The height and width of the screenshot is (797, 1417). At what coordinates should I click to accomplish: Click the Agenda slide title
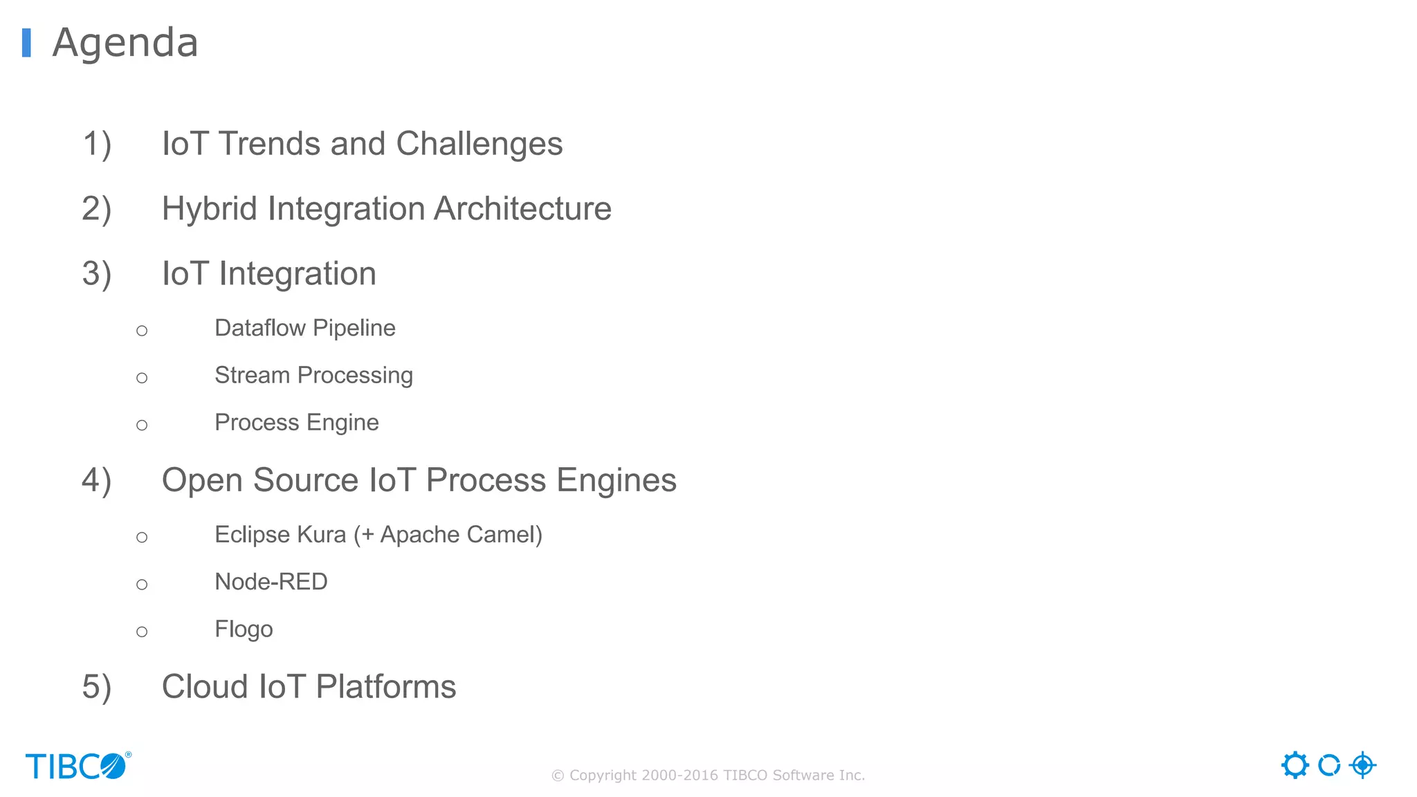coord(125,43)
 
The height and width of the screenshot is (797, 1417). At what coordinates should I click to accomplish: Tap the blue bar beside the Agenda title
coord(26,43)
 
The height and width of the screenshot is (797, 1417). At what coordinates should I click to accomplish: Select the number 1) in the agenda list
coord(97,144)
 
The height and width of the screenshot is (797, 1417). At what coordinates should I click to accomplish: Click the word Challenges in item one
coord(479,144)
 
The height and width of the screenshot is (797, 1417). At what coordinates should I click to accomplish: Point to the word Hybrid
coord(209,209)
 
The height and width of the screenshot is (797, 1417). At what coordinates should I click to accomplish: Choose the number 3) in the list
coord(97,274)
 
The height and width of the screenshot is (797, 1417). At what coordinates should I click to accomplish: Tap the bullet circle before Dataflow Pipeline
coord(142,331)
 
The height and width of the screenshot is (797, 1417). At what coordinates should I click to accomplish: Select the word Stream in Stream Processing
coord(252,375)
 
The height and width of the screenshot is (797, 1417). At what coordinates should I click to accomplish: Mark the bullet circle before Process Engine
coord(142,425)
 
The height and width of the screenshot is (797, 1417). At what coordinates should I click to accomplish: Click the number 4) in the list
coord(97,480)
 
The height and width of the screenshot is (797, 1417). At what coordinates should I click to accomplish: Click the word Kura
coord(321,535)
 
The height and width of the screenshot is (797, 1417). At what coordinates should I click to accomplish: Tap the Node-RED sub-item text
coord(271,582)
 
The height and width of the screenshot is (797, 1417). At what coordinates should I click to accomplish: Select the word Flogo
coord(244,630)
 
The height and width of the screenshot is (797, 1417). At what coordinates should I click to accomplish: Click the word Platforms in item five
coord(385,687)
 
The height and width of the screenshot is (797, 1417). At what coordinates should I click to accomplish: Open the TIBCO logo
coord(77,766)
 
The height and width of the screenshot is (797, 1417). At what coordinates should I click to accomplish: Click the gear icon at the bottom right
coord(1295,765)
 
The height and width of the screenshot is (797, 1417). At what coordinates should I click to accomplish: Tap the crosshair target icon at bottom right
coord(1362,765)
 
